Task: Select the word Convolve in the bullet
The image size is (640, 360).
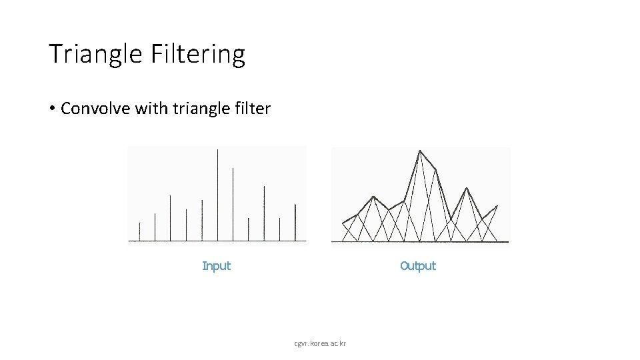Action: pos(95,109)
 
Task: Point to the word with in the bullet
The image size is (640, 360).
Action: pos(151,109)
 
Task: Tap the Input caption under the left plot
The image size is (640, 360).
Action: pos(216,266)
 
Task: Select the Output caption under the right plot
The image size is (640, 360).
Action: pos(417,266)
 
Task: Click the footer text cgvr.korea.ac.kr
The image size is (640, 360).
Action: pos(320,344)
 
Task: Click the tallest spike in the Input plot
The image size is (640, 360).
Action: pos(217,193)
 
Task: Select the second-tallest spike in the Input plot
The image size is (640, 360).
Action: pos(233,203)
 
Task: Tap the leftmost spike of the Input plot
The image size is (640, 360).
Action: pos(139,231)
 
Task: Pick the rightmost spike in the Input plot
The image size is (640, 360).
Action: pos(295,222)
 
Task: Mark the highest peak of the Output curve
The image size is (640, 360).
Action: pos(419,151)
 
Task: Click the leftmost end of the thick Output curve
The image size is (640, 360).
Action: pos(343,223)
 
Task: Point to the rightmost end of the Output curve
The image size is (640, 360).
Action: pos(497,207)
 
